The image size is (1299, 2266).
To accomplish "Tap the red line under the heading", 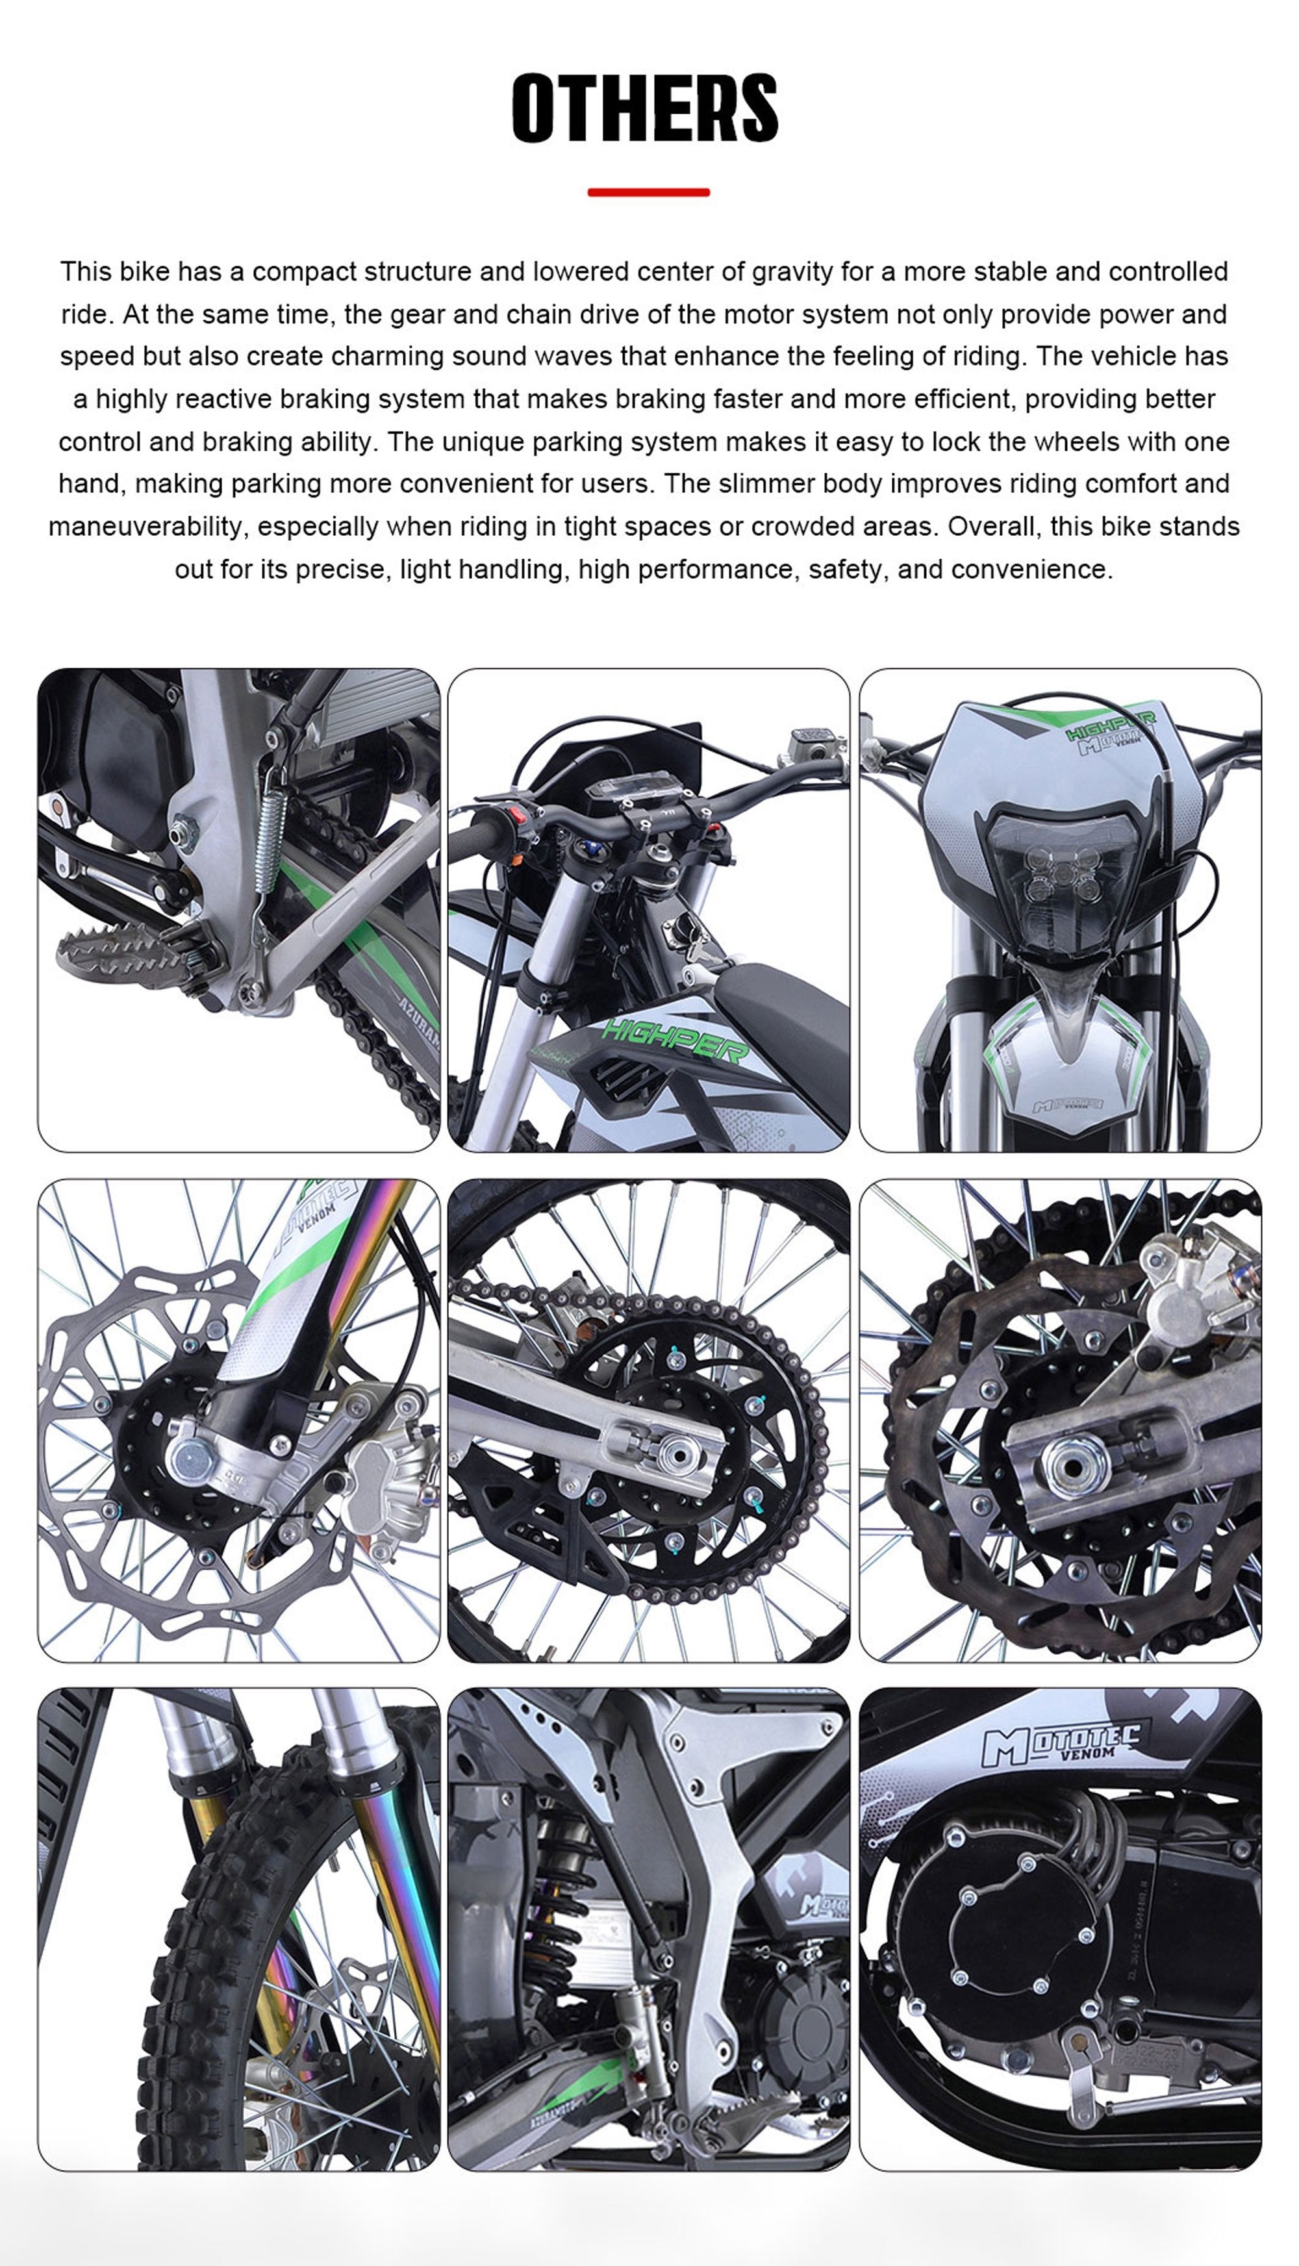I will [649, 192].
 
